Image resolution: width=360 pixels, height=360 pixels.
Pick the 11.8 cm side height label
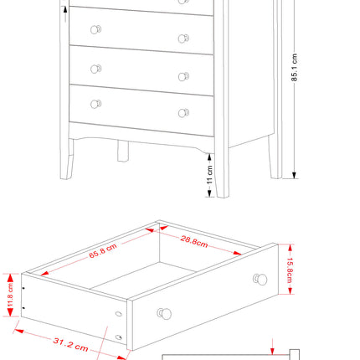click(x=11, y=294)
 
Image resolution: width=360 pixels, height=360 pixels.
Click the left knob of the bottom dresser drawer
click(x=95, y=103)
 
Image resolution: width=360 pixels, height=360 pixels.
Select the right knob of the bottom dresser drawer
click(x=183, y=112)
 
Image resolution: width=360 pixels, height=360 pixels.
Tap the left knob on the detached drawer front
click(x=164, y=314)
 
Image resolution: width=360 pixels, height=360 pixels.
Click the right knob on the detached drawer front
click(x=260, y=278)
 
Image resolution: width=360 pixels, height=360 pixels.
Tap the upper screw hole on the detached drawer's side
click(x=118, y=314)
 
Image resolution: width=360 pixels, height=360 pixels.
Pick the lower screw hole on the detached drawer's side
click(x=121, y=337)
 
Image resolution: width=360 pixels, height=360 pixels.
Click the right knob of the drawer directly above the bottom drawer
click(x=183, y=76)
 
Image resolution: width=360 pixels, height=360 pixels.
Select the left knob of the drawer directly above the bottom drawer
click(x=95, y=68)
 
